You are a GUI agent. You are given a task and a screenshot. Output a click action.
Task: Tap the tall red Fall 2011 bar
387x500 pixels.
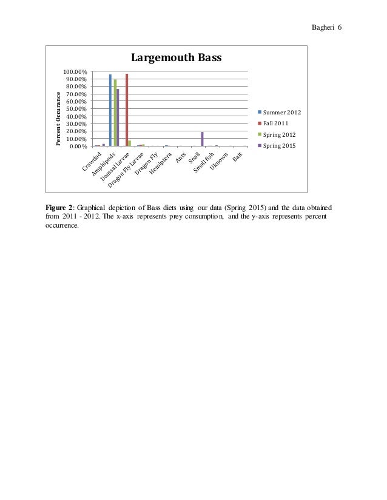point(127,110)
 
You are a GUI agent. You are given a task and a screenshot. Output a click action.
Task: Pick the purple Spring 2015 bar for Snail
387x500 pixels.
point(202,139)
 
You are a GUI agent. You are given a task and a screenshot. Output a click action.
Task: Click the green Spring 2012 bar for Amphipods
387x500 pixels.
point(115,113)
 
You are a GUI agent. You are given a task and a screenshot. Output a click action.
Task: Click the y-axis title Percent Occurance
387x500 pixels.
point(59,119)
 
